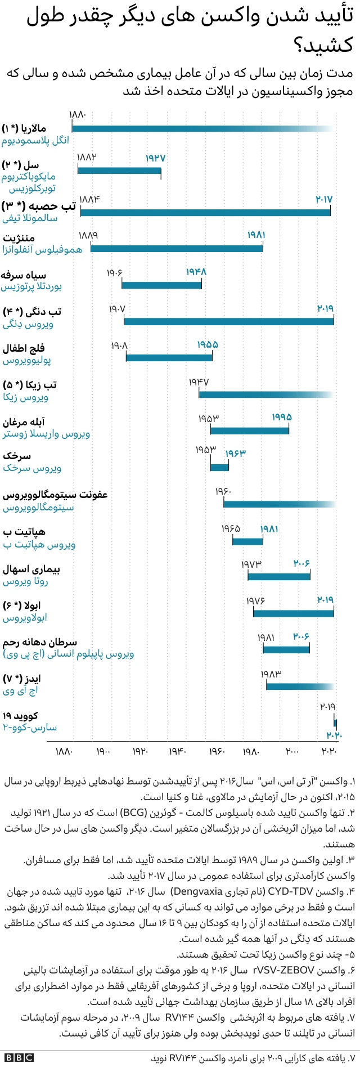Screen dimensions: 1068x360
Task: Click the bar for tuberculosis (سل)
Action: pyautogui.click(x=119, y=169)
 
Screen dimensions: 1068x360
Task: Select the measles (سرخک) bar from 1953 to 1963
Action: pyautogui.click(x=219, y=466)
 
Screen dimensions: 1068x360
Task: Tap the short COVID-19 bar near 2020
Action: pyautogui.click(x=335, y=723)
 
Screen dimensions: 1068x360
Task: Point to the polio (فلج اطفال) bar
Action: pyautogui.click(x=169, y=357)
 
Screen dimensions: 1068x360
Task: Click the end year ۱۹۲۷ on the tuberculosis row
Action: pyautogui.click(x=155, y=158)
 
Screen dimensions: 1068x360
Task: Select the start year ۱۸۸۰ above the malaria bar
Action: pyautogui.click(x=78, y=115)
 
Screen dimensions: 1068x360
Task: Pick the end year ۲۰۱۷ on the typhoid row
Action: pyautogui.click(x=324, y=199)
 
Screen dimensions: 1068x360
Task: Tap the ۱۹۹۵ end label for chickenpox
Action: pyautogui.click(x=282, y=417)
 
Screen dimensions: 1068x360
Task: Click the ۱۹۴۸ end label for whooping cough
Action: pyautogui.click(x=196, y=272)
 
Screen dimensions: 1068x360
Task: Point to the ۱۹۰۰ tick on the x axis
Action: pyautogui.click(x=103, y=751)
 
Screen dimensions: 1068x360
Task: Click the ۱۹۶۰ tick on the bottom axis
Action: pyautogui.click(x=217, y=751)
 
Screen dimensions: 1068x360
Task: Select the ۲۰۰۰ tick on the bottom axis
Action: pyautogui.click(x=292, y=751)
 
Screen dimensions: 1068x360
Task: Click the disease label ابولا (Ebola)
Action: pyautogui.click(x=29, y=605)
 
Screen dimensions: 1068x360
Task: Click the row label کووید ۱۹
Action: pyautogui.click(x=20, y=716)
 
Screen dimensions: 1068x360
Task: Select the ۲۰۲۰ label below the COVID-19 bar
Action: pyautogui.click(x=334, y=734)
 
